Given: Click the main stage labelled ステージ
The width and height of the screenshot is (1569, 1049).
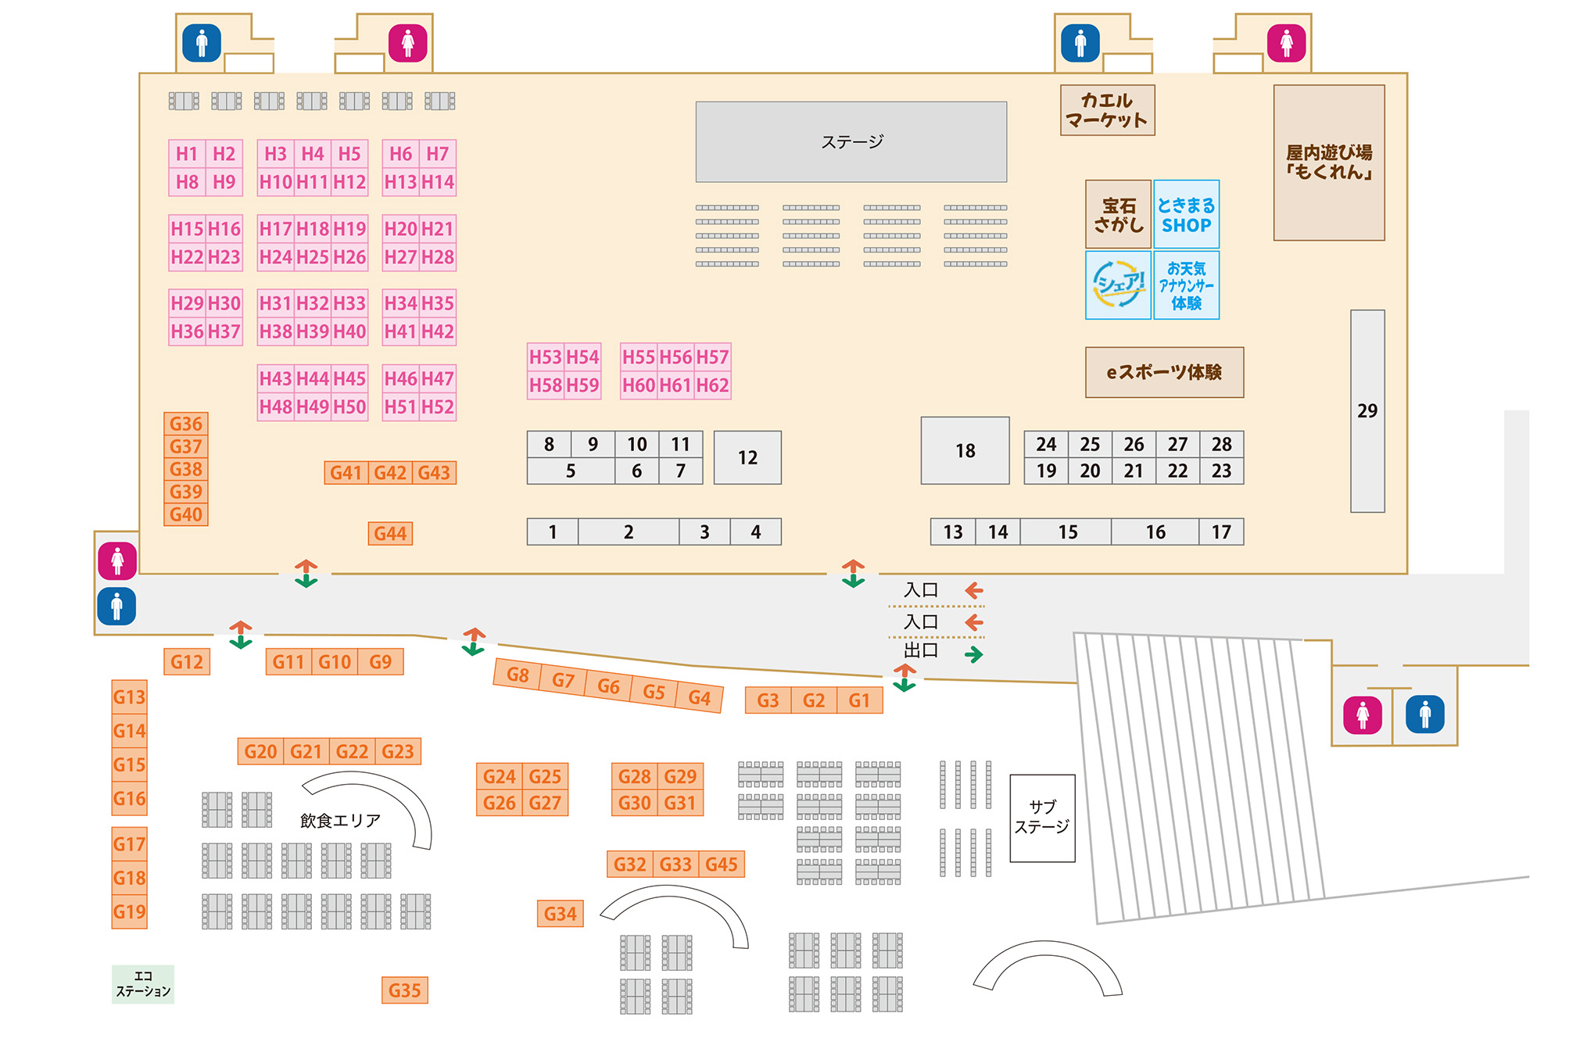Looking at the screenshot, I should click(x=851, y=141).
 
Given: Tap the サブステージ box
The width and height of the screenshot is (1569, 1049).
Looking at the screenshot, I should click(x=1042, y=818).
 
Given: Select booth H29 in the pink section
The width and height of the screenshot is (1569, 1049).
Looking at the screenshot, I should click(x=187, y=303).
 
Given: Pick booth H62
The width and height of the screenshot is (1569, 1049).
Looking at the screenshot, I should click(x=712, y=385).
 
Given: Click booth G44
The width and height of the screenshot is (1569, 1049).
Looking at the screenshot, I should click(x=390, y=533).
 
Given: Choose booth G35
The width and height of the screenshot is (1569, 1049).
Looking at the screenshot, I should click(x=404, y=990).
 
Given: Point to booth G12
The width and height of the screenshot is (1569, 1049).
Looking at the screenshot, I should click(x=187, y=662).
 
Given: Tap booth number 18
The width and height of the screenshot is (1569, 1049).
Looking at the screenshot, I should click(x=965, y=450).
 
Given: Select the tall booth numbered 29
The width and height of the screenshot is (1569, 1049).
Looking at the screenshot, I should click(x=1367, y=411).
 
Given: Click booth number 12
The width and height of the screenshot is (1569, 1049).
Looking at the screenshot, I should click(x=747, y=457).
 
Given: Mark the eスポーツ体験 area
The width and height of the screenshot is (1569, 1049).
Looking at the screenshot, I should click(x=1164, y=372).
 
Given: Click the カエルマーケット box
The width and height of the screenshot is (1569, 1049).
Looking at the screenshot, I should click(x=1107, y=110).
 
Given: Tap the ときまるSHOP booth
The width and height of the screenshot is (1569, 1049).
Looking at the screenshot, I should click(x=1186, y=215).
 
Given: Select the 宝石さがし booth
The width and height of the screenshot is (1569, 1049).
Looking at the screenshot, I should click(x=1118, y=215).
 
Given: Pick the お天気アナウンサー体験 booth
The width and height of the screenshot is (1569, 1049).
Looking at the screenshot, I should click(x=1186, y=285).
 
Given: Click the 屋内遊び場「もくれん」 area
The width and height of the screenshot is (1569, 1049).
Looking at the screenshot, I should click(x=1328, y=163).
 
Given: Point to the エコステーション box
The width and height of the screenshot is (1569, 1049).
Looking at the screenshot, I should click(x=143, y=984).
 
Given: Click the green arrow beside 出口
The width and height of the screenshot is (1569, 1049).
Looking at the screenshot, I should click(x=973, y=654).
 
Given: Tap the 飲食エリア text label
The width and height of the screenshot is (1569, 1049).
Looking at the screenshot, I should click(x=340, y=820).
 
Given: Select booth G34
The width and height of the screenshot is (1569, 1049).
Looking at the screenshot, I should click(x=560, y=913).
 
